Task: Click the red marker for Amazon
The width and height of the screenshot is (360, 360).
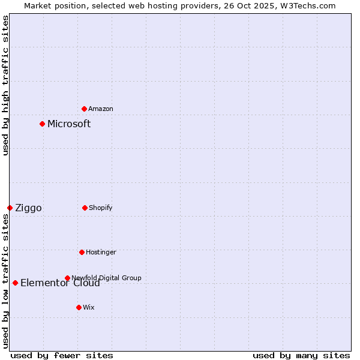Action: [84, 109]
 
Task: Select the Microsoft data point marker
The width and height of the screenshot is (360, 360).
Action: [42, 124]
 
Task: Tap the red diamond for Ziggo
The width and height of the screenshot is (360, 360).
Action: [10, 208]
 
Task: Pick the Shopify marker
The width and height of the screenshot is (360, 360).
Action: [85, 208]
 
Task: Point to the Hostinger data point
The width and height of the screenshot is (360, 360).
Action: [82, 252]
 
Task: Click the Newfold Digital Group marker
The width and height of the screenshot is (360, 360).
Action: [67, 278]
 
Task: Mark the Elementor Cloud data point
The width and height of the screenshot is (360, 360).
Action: [15, 283]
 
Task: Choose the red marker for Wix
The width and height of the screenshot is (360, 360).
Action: [79, 307]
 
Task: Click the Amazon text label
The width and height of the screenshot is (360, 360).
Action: [101, 109]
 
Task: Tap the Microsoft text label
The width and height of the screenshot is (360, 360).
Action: [69, 124]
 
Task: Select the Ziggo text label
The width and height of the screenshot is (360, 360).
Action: [28, 208]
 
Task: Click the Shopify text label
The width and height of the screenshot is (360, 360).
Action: [101, 208]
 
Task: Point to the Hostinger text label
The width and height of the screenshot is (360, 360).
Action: [101, 252]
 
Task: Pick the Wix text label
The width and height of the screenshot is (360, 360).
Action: [89, 307]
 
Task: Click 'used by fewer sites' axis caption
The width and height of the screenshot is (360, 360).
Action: [62, 355]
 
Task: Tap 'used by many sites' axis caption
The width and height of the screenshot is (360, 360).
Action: [301, 355]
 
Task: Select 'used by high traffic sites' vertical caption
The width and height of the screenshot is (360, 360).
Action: [5, 86]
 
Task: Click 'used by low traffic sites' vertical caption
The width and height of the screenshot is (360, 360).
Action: [5, 281]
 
